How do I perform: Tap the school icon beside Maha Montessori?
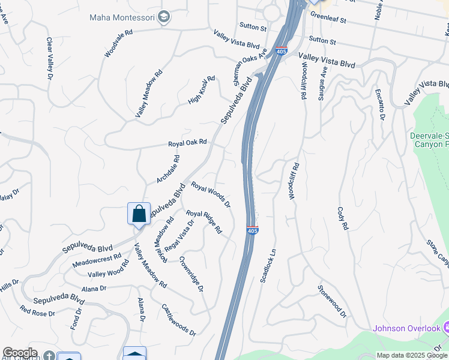coord(163,17)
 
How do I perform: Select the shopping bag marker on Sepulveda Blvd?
coord(139,214)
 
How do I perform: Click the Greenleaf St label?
coord(328,20)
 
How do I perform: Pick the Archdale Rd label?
coord(168,170)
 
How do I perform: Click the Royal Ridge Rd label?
coord(204,221)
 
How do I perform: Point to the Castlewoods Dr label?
coord(178,319)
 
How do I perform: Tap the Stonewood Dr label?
coord(332,301)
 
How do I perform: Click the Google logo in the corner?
coord(20,353)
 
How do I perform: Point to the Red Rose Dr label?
coord(37,311)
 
